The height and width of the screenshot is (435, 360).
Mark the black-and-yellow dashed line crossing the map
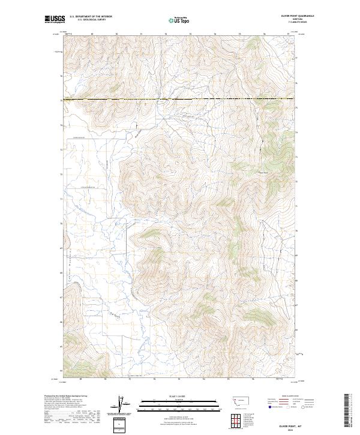[180, 99]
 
